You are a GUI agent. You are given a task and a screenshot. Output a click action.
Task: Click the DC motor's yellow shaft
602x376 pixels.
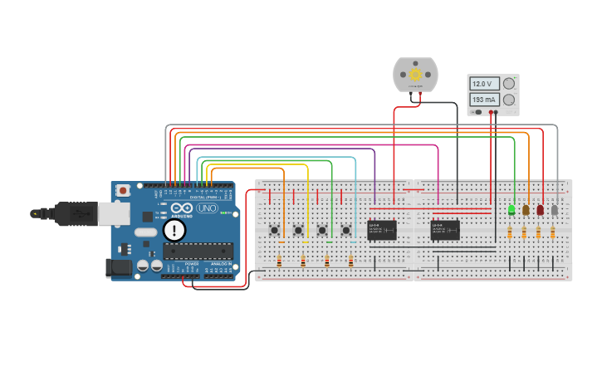pos(414,75)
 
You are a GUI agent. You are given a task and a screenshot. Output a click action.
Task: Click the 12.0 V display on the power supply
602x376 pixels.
pos(483,84)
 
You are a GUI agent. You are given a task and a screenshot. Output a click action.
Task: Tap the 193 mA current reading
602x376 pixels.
pos(483,99)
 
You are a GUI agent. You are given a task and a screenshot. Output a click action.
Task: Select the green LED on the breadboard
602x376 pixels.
pos(511,210)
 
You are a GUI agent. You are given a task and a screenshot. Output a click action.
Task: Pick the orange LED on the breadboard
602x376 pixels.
pos(526,210)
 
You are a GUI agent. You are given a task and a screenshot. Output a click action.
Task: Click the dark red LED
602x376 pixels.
pos(540,210)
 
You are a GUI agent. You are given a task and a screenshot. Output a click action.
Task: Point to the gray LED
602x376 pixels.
pos(555,210)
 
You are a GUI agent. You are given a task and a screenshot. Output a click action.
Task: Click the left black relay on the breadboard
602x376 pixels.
pos(382,230)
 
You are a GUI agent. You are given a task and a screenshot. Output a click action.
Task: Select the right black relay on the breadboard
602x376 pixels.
pos(445,230)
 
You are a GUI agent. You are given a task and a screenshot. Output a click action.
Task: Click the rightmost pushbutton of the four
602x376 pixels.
pos(346,230)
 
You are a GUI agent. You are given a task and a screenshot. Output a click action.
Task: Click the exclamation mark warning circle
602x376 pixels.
pos(174,230)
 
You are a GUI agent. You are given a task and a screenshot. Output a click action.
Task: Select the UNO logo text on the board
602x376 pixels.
pos(206,208)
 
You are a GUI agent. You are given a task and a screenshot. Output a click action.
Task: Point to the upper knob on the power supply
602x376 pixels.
pos(508,84)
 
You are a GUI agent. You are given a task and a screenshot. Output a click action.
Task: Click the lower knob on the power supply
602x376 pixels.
pos(508,99)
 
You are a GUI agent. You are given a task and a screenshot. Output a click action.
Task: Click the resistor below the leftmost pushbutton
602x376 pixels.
pos(279,261)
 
